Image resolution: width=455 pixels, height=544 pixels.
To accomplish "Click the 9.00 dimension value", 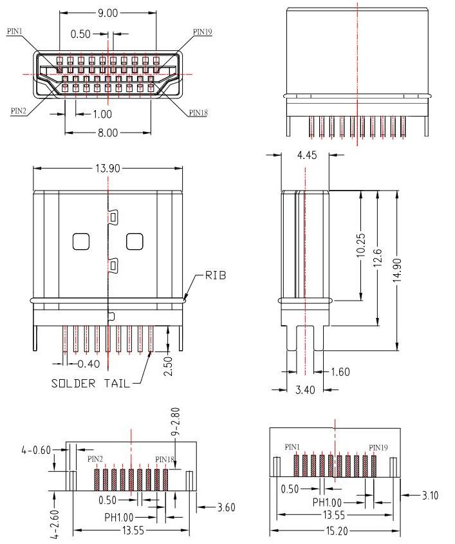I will pyautogui.click(x=107, y=13).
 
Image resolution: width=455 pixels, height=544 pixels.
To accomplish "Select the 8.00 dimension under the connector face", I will pyautogui.click(x=107, y=133).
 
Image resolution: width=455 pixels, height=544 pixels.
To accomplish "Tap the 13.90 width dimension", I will pyautogui.click(x=107, y=168).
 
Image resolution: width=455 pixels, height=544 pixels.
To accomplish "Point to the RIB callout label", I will pyautogui.click(x=215, y=276).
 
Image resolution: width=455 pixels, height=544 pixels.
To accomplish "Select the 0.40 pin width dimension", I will pyautogui.click(x=88, y=364).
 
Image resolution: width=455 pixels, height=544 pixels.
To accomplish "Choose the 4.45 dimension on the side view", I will pyautogui.click(x=306, y=155).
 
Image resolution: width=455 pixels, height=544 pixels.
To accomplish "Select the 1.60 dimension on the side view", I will pyautogui.click(x=342, y=372).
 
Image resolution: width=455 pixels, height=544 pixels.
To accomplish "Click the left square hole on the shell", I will pyautogui.click(x=81, y=241).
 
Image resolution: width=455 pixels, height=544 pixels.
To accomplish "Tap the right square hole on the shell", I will pyautogui.click(x=134, y=241).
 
